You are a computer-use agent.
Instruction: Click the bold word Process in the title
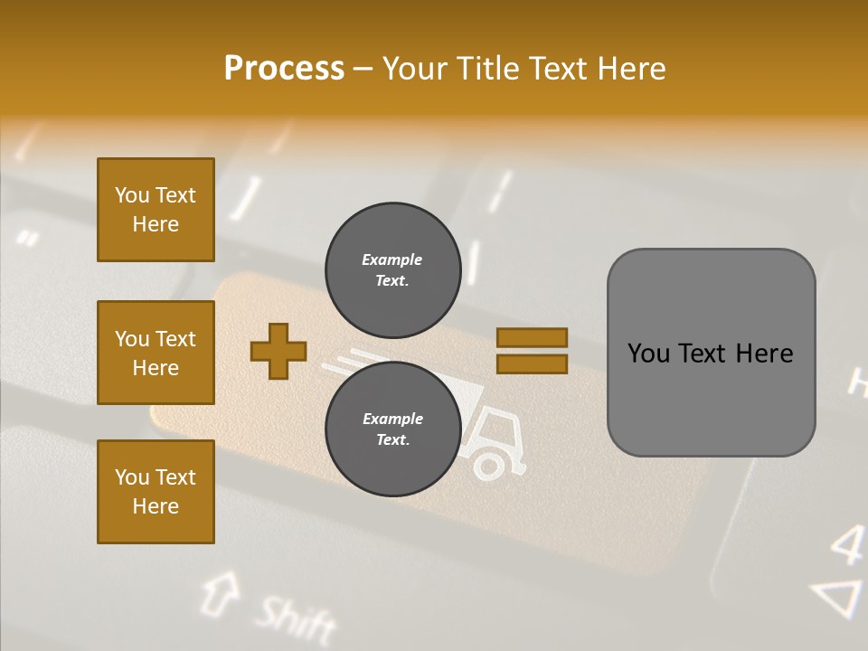click(x=284, y=69)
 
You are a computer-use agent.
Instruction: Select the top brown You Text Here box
click(x=156, y=210)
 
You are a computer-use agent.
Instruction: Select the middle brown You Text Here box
click(x=156, y=353)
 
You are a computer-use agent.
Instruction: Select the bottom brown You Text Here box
click(x=156, y=492)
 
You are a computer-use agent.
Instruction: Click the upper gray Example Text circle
click(x=392, y=269)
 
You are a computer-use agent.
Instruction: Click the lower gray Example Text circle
click(x=392, y=429)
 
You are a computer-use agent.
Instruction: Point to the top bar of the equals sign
click(x=532, y=337)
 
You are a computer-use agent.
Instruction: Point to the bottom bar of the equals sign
click(x=532, y=364)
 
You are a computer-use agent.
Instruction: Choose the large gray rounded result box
click(x=711, y=353)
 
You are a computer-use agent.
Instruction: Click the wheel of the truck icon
click(x=488, y=466)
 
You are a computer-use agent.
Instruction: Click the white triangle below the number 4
click(x=839, y=599)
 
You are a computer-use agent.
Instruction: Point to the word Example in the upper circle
click(x=392, y=259)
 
